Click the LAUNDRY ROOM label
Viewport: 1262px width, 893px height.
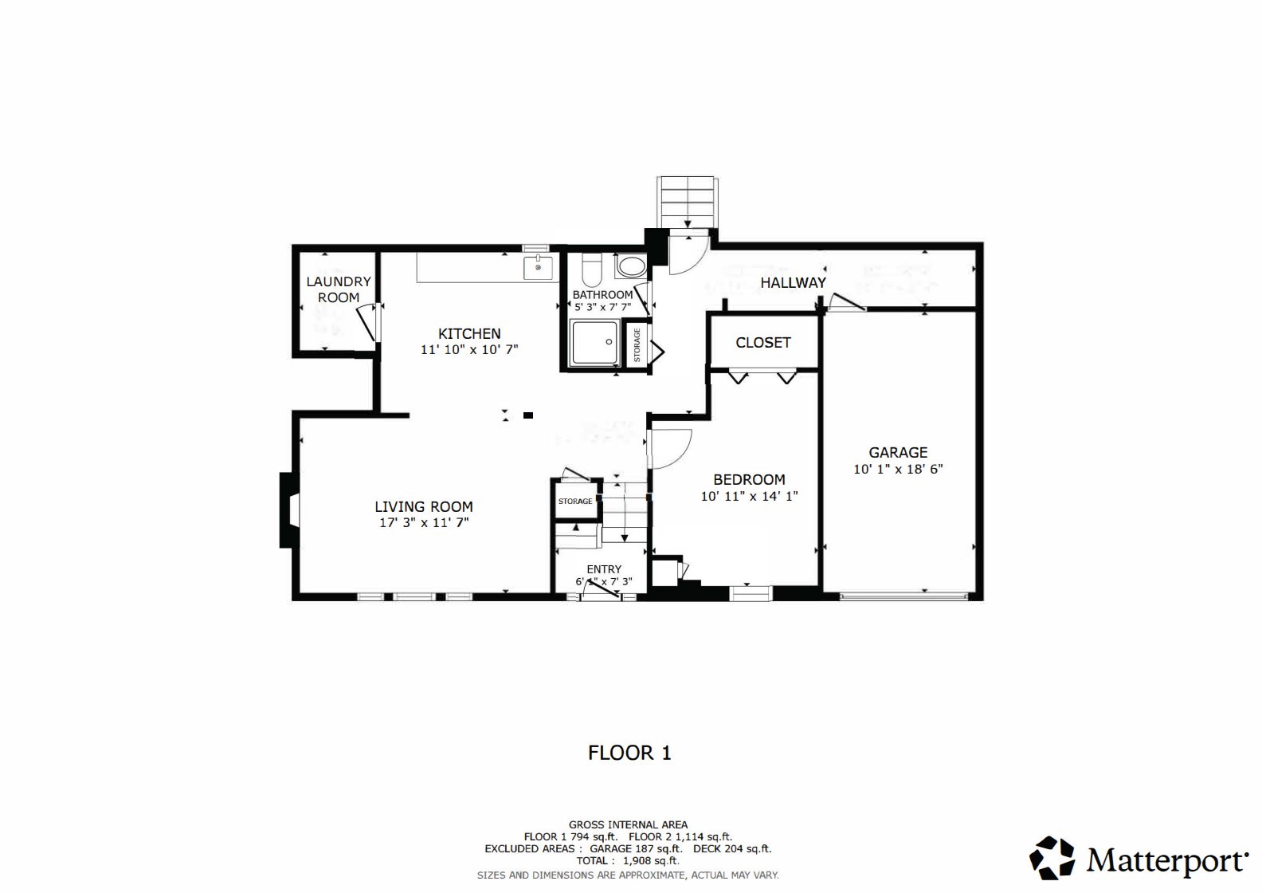pos(339,289)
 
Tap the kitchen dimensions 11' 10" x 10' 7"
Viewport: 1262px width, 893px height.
pos(469,349)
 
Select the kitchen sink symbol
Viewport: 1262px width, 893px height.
pos(539,267)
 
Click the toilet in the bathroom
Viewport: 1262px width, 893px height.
pos(592,271)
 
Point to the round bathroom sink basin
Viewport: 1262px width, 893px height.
pos(633,266)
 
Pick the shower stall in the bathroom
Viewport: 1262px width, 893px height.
pos(594,343)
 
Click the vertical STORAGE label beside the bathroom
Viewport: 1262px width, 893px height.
pos(637,345)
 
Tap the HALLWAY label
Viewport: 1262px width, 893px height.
pos(793,282)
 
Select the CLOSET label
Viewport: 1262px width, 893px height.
pos(762,342)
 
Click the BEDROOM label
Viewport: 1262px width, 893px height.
pos(749,479)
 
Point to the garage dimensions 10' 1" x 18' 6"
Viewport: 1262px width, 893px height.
pos(898,469)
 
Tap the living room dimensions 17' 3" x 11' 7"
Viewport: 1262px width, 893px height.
pos(424,523)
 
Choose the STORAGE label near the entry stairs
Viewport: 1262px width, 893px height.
pos(575,502)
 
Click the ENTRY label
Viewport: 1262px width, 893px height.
pos(604,569)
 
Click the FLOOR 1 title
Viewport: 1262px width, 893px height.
pos(629,753)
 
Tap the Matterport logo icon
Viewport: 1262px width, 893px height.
pos(1052,858)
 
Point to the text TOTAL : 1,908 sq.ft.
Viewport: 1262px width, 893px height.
pos(628,860)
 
